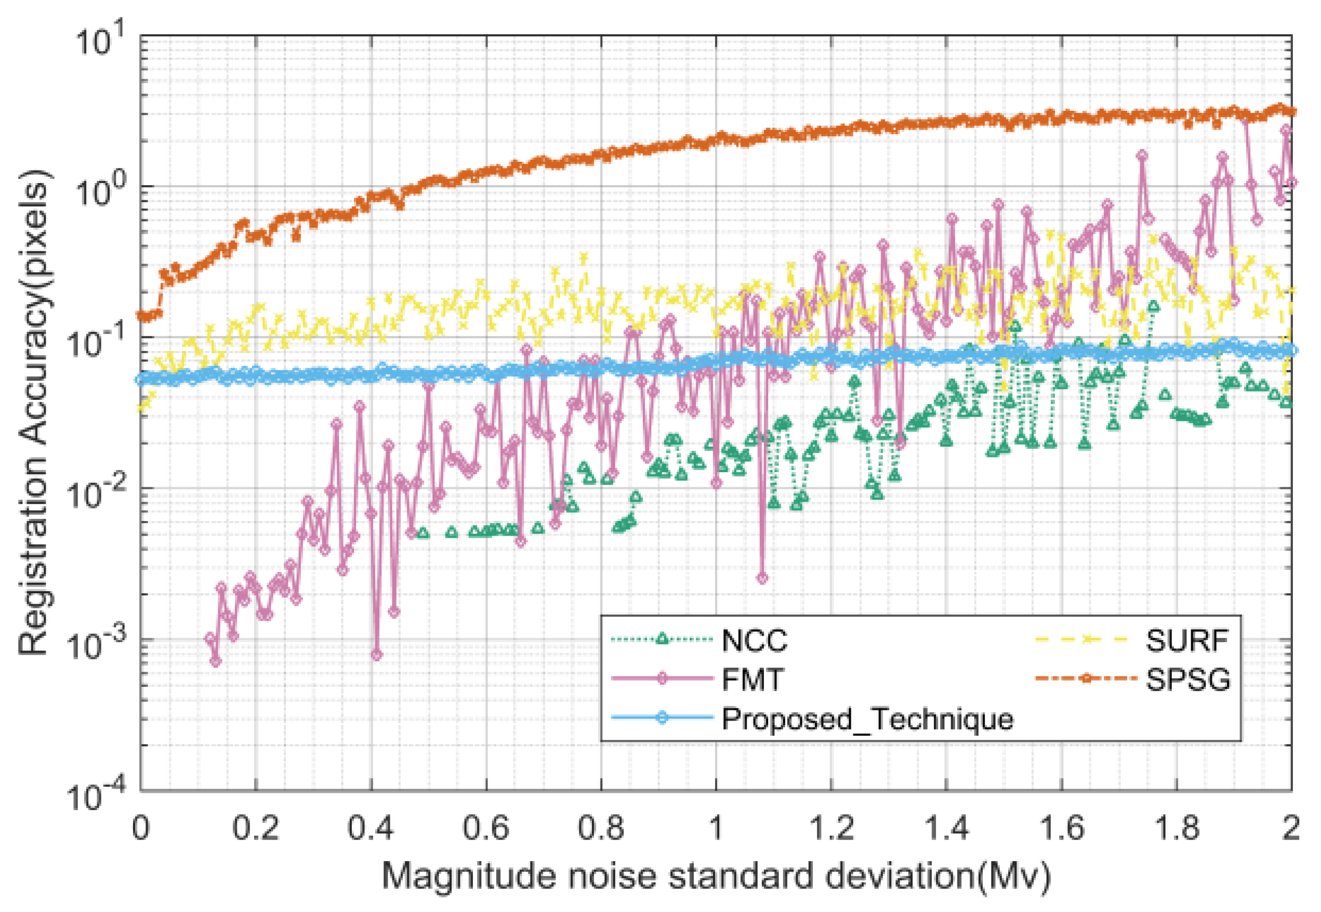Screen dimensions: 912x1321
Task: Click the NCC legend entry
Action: tap(754, 641)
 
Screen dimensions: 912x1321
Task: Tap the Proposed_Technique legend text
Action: tap(867, 718)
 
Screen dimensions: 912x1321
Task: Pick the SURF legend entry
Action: tap(1187, 641)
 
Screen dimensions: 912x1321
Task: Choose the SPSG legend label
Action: tap(1188, 680)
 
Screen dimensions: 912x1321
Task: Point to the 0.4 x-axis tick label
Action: tap(371, 828)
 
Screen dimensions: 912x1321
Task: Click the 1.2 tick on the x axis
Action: tap(831, 828)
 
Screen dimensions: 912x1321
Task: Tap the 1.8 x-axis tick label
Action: tap(1176, 828)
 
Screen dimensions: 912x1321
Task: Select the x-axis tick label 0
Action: tap(140, 828)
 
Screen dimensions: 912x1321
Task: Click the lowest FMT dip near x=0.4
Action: tap(376, 655)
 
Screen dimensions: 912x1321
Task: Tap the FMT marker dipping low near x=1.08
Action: tap(762, 578)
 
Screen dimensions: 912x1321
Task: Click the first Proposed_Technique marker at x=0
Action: tap(141, 380)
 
